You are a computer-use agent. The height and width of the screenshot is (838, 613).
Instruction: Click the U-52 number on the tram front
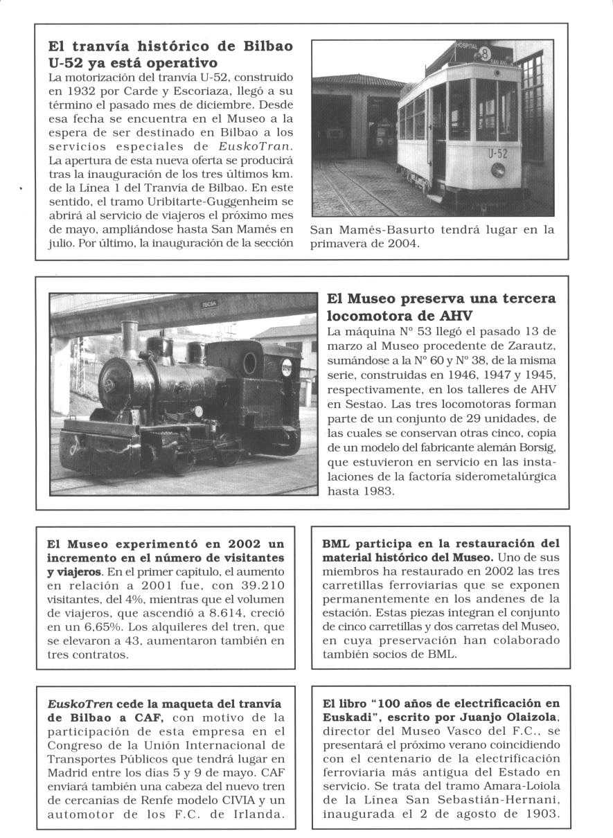click(497, 154)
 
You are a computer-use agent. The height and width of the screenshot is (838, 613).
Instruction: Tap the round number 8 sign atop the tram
click(485, 53)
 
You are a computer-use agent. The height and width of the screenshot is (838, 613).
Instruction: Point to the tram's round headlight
click(497, 170)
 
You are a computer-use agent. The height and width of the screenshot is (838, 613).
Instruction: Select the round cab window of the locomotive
click(249, 362)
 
